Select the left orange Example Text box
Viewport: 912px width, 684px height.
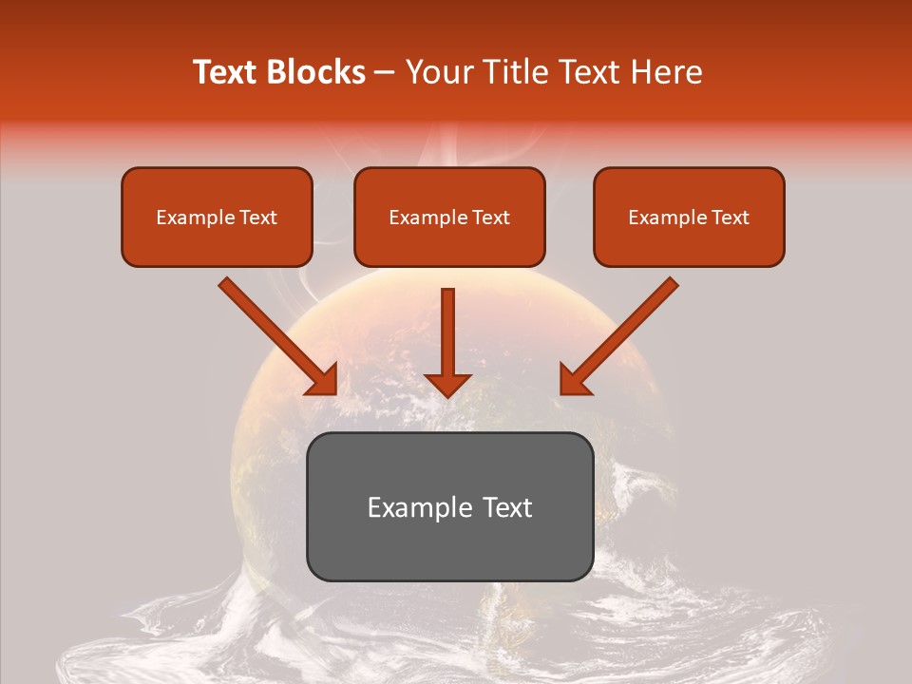pyautogui.click(x=217, y=218)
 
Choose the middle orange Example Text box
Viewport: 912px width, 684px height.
pyautogui.click(x=449, y=218)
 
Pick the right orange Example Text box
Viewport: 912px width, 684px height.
pyautogui.click(x=689, y=218)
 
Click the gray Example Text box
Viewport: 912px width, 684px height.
pyautogui.click(x=449, y=506)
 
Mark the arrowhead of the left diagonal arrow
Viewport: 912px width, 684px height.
pyautogui.click(x=323, y=380)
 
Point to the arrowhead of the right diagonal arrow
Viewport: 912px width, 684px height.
pyautogui.click(x=575, y=380)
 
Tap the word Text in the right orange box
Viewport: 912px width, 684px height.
pyautogui.click(x=730, y=218)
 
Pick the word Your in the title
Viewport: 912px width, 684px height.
pyautogui.click(x=435, y=72)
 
